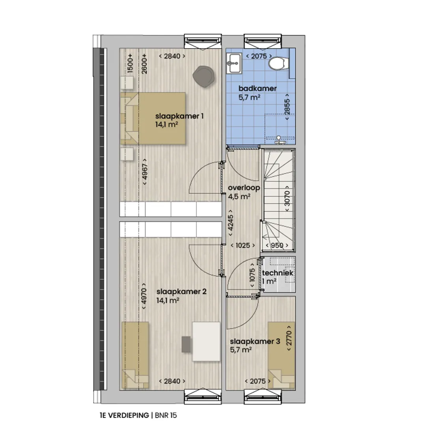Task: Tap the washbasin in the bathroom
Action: click(x=234, y=63)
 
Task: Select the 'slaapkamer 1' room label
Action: click(x=179, y=116)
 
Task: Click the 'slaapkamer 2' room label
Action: click(x=181, y=292)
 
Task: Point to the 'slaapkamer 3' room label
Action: click(x=255, y=342)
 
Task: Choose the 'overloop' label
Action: click(x=244, y=188)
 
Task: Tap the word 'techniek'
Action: click(x=278, y=273)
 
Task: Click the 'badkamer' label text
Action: click(x=258, y=88)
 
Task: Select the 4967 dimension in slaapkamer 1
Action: click(x=145, y=172)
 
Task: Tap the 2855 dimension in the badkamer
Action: click(x=287, y=106)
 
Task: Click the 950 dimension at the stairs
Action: click(x=277, y=245)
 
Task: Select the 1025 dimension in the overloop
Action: click(x=243, y=245)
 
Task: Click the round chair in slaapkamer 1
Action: click(x=204, y=77)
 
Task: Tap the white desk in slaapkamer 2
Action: click(x=206, y=342)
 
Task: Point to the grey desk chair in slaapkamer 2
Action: click(x=186, y=344)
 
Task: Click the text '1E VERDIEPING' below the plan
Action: click(x=124, y=415)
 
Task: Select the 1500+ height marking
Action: click(x=130, y=63)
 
